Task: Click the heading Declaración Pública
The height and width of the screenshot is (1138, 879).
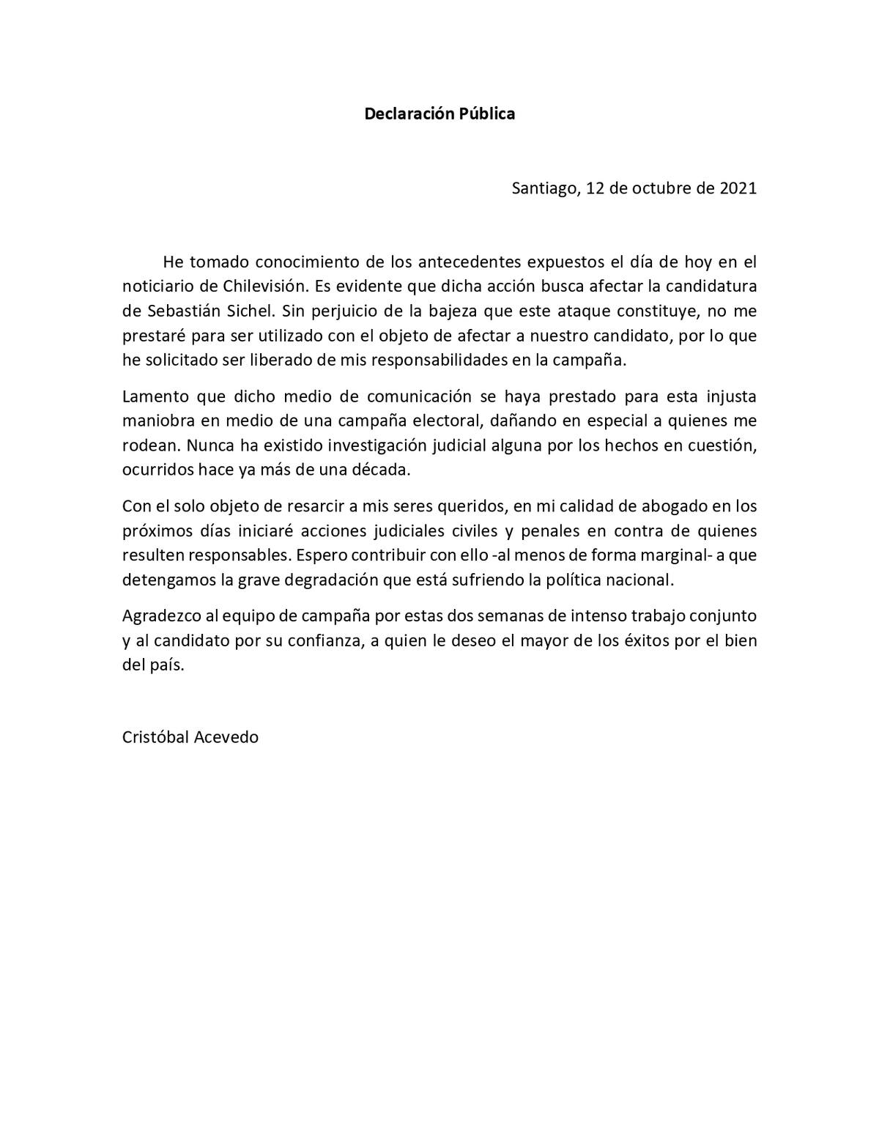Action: click(x=439, y=114)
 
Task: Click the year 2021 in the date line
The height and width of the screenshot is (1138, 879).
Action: click(x=738, y=188)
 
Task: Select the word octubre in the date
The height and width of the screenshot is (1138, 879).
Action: click(x=661, y=188)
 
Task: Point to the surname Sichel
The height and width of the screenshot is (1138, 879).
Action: click(x=251, y=311)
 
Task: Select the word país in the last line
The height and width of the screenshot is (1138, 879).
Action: click(x=168, y=665)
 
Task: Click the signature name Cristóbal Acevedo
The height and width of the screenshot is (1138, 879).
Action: click(x=190, y=737)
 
